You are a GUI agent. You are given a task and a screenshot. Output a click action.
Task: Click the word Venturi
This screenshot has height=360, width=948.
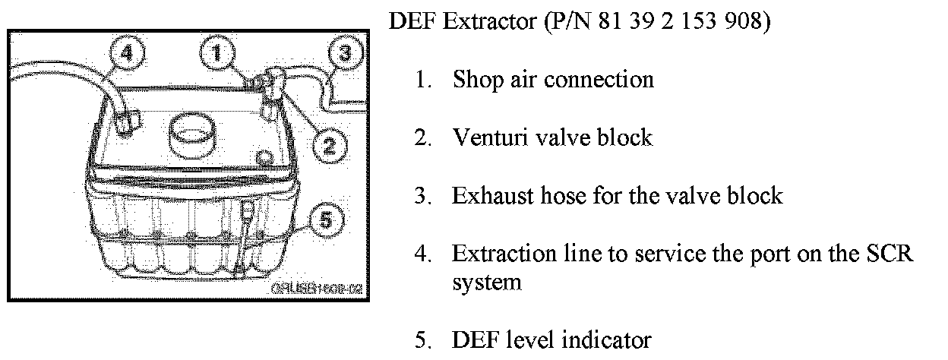point(491,137)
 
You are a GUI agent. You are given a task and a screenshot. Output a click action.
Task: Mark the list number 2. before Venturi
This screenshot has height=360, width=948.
point(422,137)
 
